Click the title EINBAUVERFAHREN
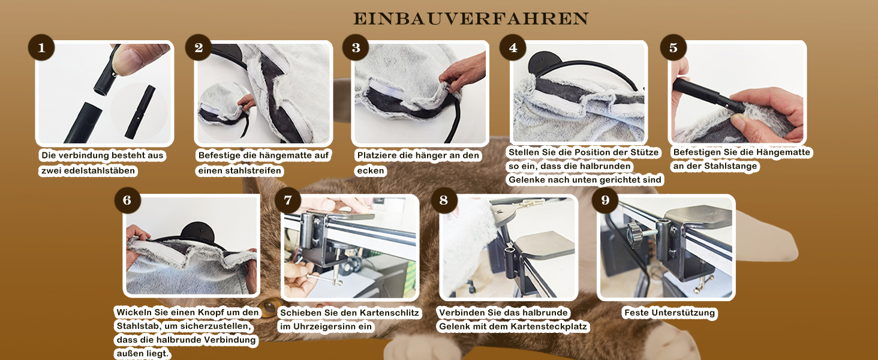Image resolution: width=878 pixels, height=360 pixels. coord(471,19)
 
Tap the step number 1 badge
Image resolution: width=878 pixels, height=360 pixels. coord(41,47)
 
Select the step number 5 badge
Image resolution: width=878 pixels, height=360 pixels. coord(673,47)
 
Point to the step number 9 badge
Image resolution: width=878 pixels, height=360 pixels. coord(605,200)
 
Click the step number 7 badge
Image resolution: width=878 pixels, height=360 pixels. coord(288,200)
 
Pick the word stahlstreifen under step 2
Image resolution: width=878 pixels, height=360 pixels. coord(258,170)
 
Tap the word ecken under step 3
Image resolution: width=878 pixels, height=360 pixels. coord(371,171)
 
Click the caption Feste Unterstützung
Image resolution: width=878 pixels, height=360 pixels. coord(669,313)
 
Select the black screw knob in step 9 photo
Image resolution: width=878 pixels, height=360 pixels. coord(633,234)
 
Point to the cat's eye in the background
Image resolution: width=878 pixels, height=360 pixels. coord(270,307)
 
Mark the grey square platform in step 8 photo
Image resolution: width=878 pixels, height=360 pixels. coord(544,244)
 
